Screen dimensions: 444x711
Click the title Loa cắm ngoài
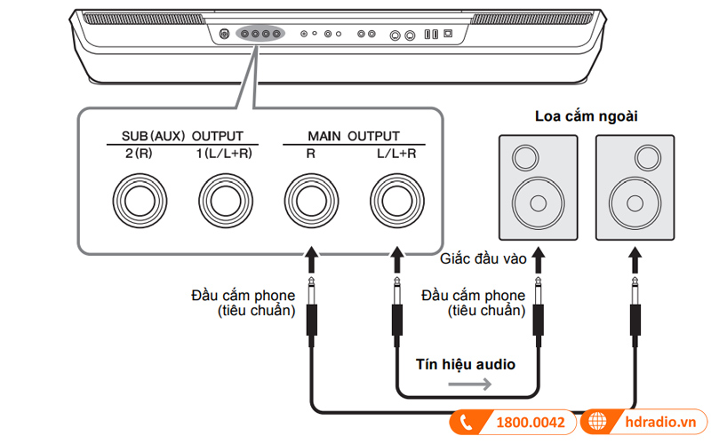coord(586,116)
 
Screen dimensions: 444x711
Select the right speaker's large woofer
coord(635,201)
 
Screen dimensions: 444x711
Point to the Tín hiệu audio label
coord(466,364)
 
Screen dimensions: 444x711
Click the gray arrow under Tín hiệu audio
coord(467,385)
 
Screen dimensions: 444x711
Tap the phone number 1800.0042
coord(529,423)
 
